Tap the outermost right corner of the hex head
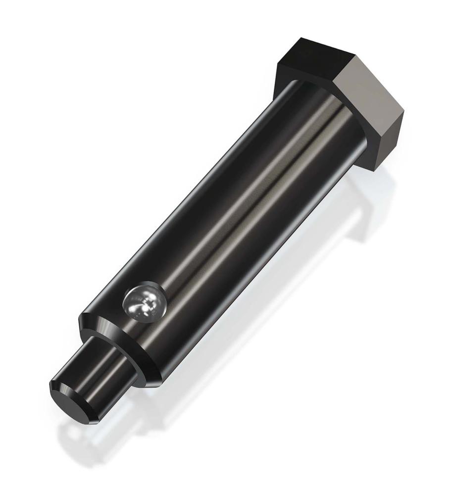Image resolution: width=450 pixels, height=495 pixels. pos(404,112)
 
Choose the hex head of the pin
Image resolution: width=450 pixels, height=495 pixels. pos(347,89)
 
